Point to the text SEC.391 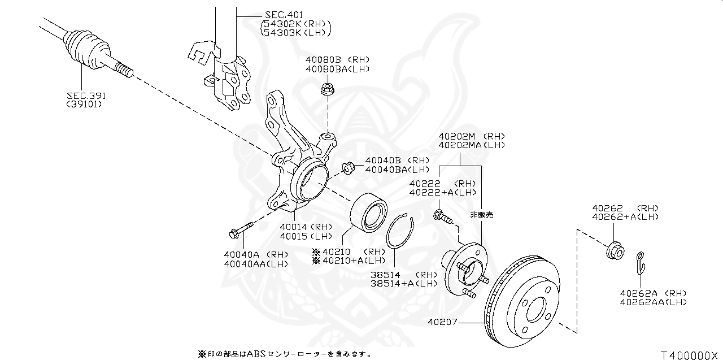tap(85, 96)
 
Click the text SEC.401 tap(284, 15)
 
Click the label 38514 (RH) tap(404, 275)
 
